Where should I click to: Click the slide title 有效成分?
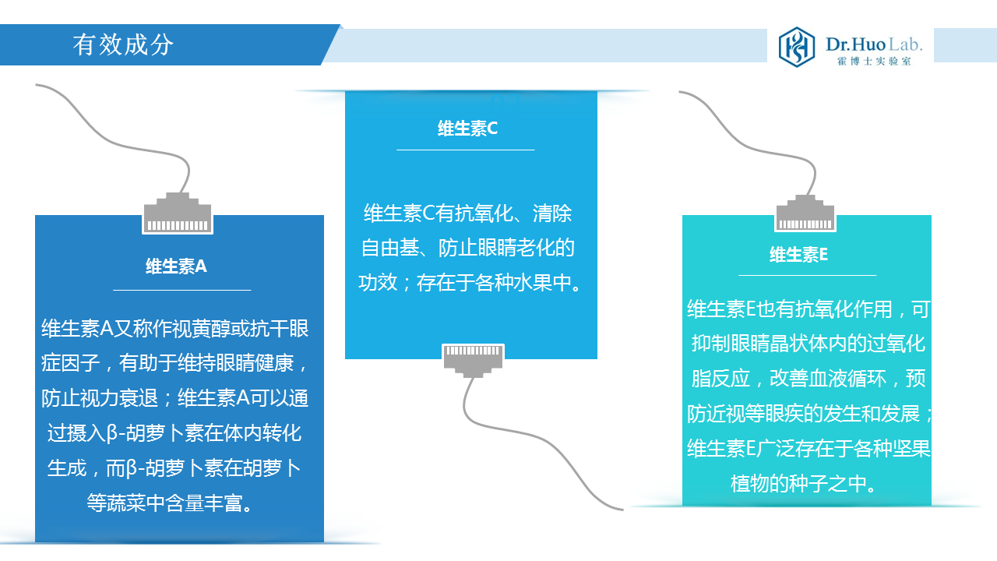point(123,45)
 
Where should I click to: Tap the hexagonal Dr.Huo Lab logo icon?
point(796,47)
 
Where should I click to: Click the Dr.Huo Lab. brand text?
point(874,44)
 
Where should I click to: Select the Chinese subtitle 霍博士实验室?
point(874,62)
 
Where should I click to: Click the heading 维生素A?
point(176,266)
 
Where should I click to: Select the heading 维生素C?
point(467,129)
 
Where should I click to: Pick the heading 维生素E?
point(798,255)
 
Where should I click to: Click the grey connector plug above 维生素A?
point(178,213)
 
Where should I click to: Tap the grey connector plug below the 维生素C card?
point(473,360)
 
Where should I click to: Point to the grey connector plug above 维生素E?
point(805,213)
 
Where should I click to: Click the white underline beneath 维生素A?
point(182,290)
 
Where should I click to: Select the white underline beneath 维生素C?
point(465,150)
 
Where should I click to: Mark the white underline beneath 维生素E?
point(808,275)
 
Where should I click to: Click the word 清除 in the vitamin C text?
point(552,213)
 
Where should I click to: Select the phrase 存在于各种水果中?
point(494,282)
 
